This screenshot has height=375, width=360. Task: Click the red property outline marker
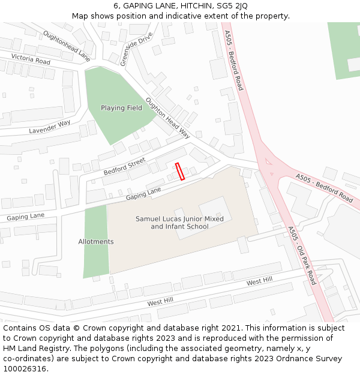point(179,171)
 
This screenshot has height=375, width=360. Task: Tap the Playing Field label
point(121,108)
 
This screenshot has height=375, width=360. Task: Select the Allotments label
point(96,242)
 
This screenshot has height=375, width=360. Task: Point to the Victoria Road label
point(31,60)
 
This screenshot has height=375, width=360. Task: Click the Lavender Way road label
point(50,127)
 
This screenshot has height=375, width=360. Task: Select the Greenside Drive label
point(128,49)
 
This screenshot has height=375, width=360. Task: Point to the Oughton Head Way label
point(168,118)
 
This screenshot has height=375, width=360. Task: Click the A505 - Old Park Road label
point(301,256)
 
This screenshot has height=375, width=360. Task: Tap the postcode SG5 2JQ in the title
point(232,6)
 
